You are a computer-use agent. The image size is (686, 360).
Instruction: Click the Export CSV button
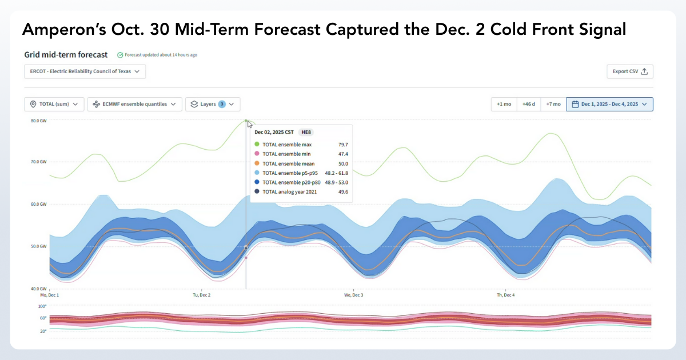(629, 71)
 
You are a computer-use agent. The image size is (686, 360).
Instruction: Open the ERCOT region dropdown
(85, 71)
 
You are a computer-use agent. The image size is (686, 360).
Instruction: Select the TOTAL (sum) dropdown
(54, 104)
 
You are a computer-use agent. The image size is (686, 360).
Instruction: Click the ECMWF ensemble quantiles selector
(135, 104)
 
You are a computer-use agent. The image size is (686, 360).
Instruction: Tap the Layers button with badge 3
(213, 104)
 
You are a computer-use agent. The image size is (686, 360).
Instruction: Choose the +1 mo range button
(504, 104)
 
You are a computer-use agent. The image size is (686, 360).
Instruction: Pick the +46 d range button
(529, 104)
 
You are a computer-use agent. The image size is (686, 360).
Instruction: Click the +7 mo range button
(553, 104)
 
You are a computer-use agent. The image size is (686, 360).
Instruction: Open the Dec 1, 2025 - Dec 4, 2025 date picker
(609, 104)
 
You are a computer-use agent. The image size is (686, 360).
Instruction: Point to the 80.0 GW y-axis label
(38, 121)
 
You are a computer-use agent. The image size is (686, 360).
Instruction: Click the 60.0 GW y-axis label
(38, 204)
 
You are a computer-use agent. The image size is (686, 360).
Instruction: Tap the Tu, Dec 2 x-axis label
(201, 295)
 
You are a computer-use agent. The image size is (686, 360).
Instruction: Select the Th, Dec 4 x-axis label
(505, 295)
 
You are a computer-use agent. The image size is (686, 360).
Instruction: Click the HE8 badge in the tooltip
(306, 132)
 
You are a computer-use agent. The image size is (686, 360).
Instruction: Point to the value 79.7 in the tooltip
(342, 145)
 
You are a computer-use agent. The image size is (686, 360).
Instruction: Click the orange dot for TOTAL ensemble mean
(257, 163)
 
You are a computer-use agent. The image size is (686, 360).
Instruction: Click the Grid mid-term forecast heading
(66, 55)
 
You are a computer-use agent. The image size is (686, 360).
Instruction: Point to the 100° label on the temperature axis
(42, 307)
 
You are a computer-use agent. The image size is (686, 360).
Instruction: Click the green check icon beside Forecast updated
(120, 55)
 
